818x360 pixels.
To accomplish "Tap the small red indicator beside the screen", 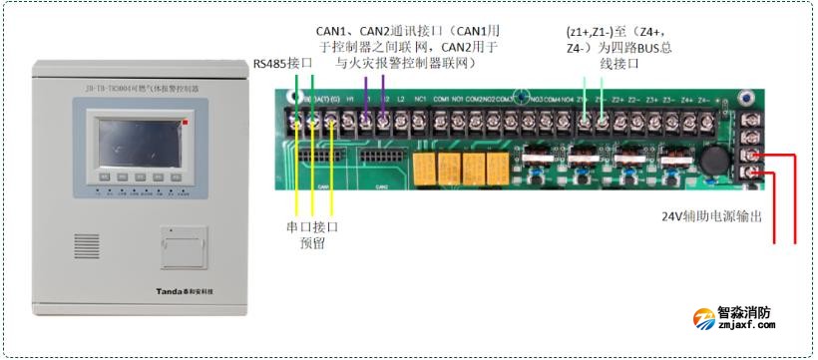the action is (186, 122).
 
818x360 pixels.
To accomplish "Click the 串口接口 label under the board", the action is (306, 226).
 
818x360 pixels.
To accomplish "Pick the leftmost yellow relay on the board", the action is (423, 165).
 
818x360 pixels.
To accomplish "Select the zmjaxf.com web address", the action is (744, 325).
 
